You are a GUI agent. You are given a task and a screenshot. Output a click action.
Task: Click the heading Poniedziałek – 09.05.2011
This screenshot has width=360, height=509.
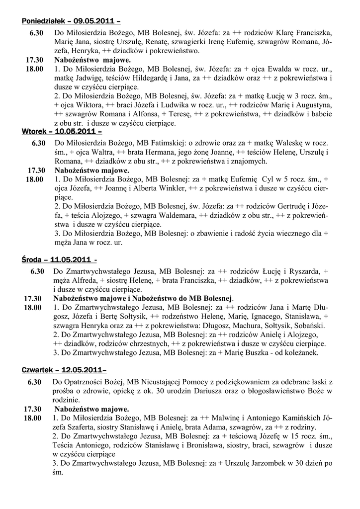[x=71, y=21]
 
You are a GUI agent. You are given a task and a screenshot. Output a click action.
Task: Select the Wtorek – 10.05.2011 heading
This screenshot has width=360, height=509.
[x=62, y=132]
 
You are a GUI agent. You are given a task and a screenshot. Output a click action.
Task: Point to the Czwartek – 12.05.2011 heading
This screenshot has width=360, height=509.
[x=64, y=370]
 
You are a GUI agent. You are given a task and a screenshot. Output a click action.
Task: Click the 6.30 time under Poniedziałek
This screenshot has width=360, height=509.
[x=35, y=33]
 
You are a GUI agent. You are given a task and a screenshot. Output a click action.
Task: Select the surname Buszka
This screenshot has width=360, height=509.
[x=243, y=352]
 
